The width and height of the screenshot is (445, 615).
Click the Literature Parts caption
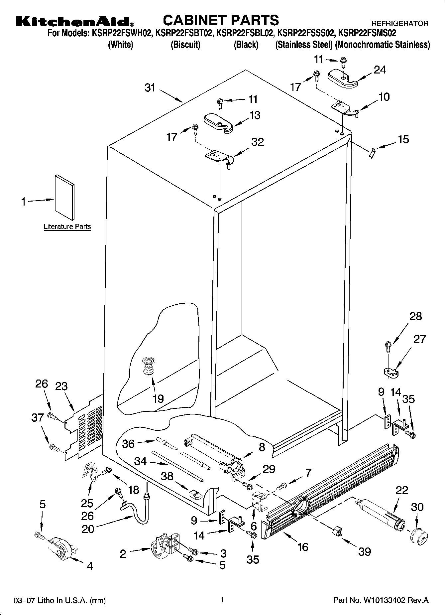[67, 227]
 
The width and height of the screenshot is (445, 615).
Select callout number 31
[150, 88]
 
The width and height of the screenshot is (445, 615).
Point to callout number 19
[158, 398]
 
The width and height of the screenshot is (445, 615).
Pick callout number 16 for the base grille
[303, 547]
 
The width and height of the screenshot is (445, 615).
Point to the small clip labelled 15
[371, 154]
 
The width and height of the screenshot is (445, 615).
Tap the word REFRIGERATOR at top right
[399, 24]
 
